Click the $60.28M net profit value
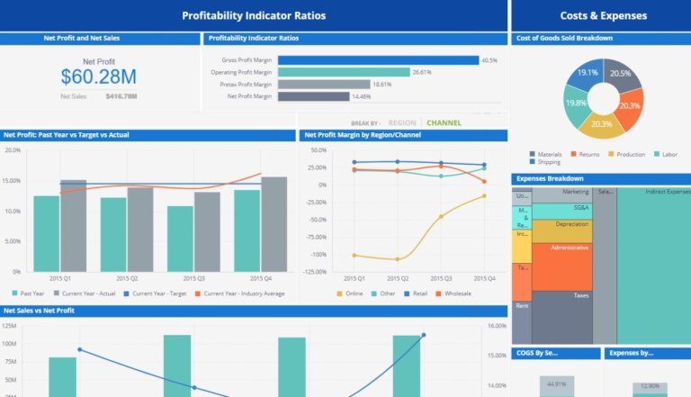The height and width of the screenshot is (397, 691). tap(99, 76)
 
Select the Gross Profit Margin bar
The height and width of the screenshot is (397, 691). tap(378, 60)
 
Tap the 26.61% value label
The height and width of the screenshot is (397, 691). tap(422, 72)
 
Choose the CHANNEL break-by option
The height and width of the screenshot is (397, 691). tap(444, 122)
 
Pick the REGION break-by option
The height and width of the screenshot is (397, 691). tap(401, 122)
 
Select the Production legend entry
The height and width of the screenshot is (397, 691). tap(630, 154)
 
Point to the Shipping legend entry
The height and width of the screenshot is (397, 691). tap(548, 162)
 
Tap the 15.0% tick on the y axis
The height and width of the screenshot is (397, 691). tap(13, 180)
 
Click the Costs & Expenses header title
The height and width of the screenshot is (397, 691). tap(600, 15)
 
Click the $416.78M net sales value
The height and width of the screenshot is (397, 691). tap(121, 95)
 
